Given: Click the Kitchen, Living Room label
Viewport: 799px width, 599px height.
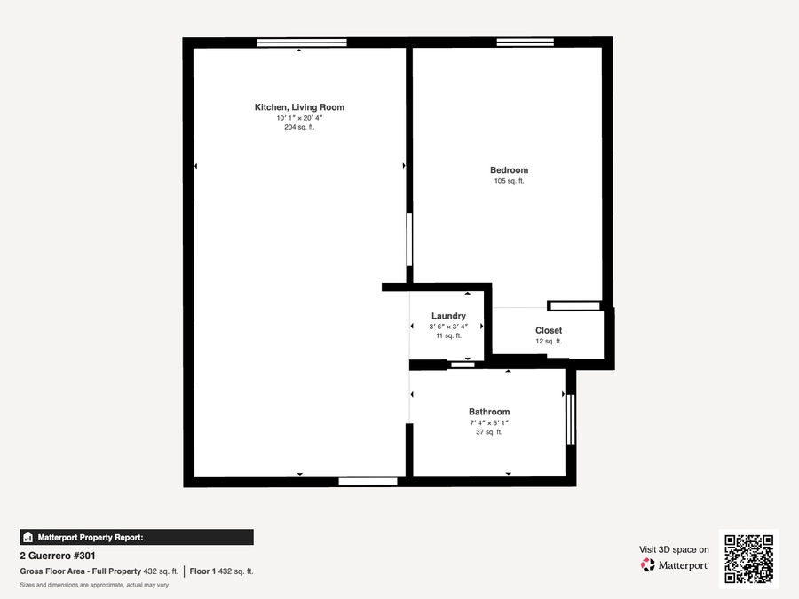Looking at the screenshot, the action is (300, 107).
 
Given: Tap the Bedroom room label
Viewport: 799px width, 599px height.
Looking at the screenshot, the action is (509, 170).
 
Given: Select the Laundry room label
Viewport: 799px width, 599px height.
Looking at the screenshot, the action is (448, 316).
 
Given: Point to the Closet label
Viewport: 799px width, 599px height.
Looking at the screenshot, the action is (549, 331).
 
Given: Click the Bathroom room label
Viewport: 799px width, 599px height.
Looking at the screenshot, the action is (489, 412).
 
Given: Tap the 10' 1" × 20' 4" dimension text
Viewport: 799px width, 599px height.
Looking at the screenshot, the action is (300, 118).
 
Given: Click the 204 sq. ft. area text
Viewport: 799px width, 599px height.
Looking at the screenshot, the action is (300, 127).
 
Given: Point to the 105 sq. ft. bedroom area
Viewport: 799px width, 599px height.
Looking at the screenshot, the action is (509, 181).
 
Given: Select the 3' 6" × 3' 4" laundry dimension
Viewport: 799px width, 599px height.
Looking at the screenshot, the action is (448, 327).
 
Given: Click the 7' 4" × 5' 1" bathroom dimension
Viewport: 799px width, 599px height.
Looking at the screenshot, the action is (489, 422).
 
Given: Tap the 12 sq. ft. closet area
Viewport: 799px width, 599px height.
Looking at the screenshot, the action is (549, 342).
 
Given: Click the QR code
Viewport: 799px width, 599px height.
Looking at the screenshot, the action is (748, 559).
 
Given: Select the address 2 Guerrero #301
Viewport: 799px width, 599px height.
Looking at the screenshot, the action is (58, 556).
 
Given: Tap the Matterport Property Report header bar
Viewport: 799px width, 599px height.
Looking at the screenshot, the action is (137, 538).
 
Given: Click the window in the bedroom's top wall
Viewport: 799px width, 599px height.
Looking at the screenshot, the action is (526, 42).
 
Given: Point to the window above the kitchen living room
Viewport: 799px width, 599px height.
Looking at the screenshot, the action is (302, 43).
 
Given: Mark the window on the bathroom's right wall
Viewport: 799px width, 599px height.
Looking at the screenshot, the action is (571, 419).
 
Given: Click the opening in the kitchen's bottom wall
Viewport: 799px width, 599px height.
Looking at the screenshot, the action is (368, 482).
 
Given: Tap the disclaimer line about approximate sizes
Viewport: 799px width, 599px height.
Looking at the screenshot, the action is (94, 586).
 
